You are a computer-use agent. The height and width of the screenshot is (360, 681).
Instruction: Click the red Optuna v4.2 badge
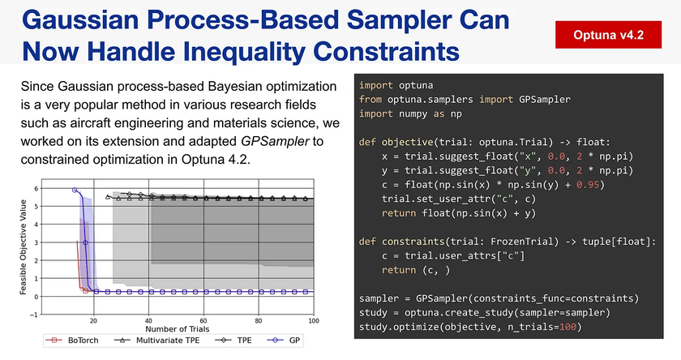(608, 35)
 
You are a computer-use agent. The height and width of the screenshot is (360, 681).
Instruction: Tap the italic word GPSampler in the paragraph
(275, 141)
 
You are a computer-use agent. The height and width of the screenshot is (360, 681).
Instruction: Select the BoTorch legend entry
(72, 341)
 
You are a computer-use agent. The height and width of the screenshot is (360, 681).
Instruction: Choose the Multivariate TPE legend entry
(156, 341)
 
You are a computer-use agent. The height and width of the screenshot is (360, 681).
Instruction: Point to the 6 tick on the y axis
(36, 188)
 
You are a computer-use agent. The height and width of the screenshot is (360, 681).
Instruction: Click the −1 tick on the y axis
(34, 315)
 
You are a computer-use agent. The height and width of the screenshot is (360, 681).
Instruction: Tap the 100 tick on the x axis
(314, 321)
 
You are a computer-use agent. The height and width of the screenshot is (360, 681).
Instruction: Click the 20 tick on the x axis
(93, 321)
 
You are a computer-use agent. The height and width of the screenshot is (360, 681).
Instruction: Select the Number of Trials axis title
(178, 329)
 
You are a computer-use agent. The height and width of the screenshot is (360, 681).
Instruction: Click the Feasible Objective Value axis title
(23, 247)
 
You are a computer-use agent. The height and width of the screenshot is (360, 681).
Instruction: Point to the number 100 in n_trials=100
(567, 327)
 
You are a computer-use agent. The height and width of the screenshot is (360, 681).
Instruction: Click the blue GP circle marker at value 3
(86, 242)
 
